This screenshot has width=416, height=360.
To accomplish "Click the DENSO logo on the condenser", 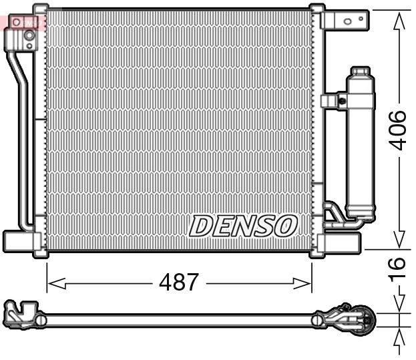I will click(x=242, y=226).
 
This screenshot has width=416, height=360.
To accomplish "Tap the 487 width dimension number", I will click(x=178, y=283).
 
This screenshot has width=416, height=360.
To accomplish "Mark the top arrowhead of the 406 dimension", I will click(x=399, y=19).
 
